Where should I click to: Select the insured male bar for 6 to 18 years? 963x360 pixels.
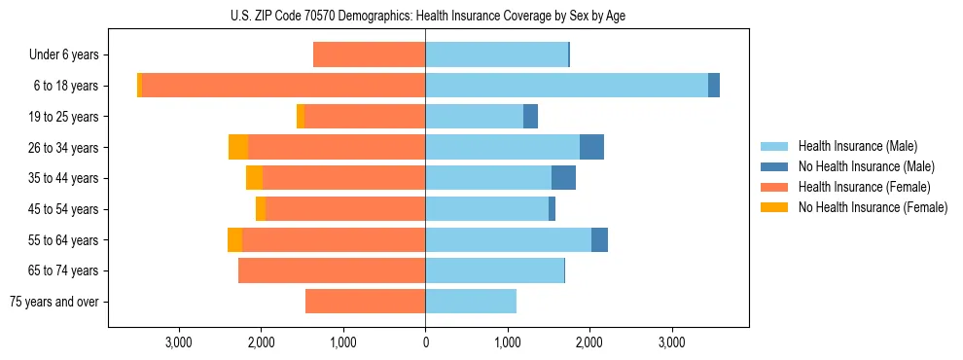pos(566,86)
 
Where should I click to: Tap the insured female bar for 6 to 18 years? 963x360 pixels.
pos(283,86)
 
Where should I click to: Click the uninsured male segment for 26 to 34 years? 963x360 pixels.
pos(591,147)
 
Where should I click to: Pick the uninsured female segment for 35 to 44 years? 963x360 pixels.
pos(254,178)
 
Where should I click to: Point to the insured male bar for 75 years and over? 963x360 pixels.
pos(471,302)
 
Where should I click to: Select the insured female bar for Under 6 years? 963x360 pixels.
pos(369,55)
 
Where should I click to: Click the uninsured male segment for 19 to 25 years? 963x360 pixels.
pos(530,117)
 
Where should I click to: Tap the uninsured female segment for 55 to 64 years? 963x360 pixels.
pos(234,240)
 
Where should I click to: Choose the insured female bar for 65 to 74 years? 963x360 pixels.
pos(332,270)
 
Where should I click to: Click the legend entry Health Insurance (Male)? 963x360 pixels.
pos(857,146)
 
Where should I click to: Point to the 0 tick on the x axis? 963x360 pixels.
pos(425,342)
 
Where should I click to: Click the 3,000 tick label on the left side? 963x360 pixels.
pos(178,342)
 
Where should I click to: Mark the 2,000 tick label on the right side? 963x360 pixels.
pos(589,342)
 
